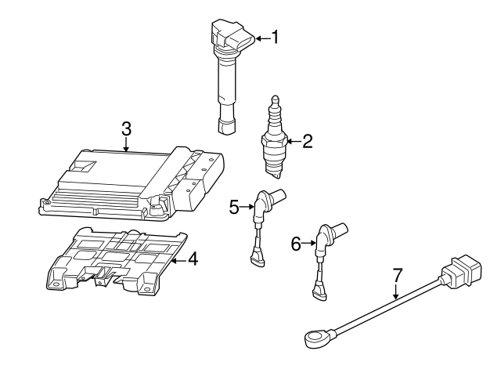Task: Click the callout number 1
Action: click(275, 37)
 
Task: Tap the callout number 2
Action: click(307, 141)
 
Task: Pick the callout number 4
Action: click(193, 259)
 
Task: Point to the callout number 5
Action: click(234, 207)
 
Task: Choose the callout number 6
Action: click(296, 244)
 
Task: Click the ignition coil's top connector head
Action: click(232, 36)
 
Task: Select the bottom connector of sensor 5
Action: click(256, 256)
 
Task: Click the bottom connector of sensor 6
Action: click(318, 291)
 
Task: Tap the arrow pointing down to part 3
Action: click(125, 144)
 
